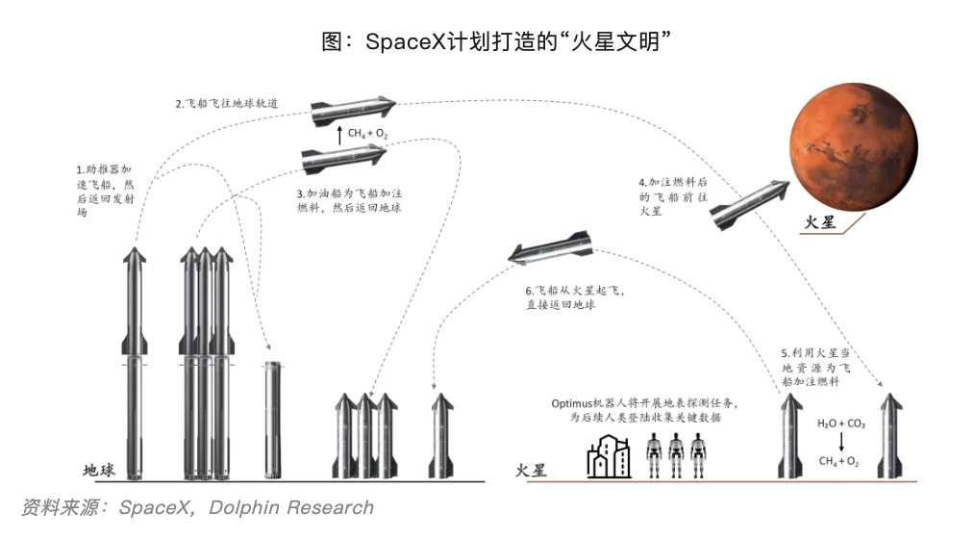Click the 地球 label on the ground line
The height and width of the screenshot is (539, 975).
pos(99,471)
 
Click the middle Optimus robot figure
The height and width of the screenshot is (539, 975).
pos(679,454)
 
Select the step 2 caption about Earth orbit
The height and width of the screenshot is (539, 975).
pos(227,103)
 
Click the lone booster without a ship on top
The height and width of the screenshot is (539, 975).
pos(270,420)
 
